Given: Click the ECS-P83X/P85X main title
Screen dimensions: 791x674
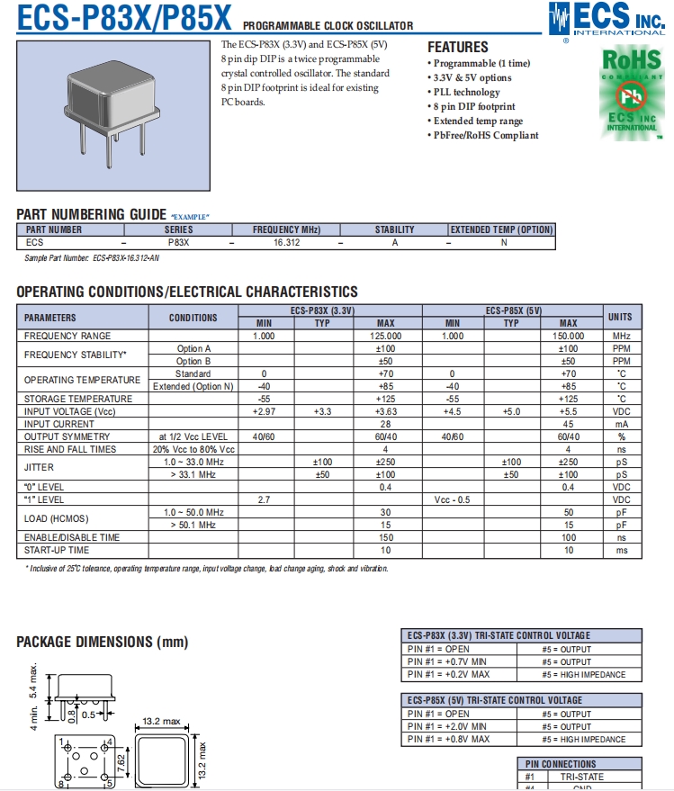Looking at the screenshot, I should click(x=125, y=17).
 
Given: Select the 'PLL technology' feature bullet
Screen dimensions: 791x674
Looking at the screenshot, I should click(x=466, y=92).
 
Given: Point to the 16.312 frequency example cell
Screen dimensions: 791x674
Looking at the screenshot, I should click(x=286, y=242).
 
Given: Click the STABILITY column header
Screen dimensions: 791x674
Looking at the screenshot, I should click(x=394, y=229).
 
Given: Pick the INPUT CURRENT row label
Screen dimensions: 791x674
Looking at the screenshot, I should click(x=58, y=424).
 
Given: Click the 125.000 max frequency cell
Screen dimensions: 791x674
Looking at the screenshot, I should click(x=385, y=336).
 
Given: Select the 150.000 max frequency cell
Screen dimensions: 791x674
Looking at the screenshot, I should click(x=568, y=336).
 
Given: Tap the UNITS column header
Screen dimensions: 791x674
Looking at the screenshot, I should click(x=620, y=317).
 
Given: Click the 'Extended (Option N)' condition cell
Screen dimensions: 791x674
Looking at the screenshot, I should click(x=193, y=386).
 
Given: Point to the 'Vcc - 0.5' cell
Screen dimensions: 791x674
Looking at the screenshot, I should click(x=452, y=499).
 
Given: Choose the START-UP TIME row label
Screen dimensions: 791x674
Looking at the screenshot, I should click(x=57, y=550).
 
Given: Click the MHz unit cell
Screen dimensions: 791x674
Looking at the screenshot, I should click(x=620, y=336).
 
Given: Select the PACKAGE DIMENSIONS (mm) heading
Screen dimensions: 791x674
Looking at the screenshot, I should click(x=102, y=642).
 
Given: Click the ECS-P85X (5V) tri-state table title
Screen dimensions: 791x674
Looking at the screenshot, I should click(x=494, y=700).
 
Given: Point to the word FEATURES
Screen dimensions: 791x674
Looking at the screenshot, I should click(x=457, y=47).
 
